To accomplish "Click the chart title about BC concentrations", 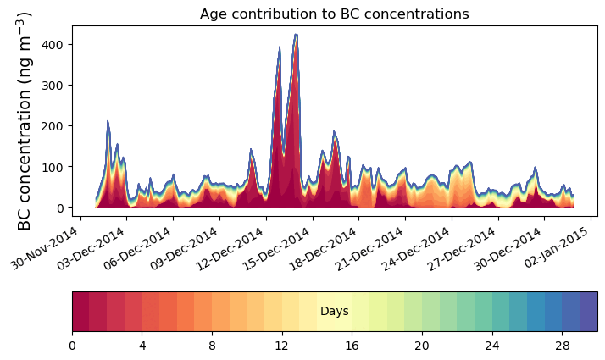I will (x=334, y=14).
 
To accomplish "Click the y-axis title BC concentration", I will (x=25, y=120).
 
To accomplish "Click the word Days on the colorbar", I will (x=335, y=312).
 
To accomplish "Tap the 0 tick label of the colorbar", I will (x=72, y=346).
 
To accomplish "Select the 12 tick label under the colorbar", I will (x=281, y=346).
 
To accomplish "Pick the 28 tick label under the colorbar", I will (x=562, y=346).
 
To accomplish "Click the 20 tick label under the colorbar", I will (x=422, y=346).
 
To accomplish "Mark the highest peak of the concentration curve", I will (x=296, y=35).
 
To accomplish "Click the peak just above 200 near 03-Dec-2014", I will (x=108, y=121).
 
